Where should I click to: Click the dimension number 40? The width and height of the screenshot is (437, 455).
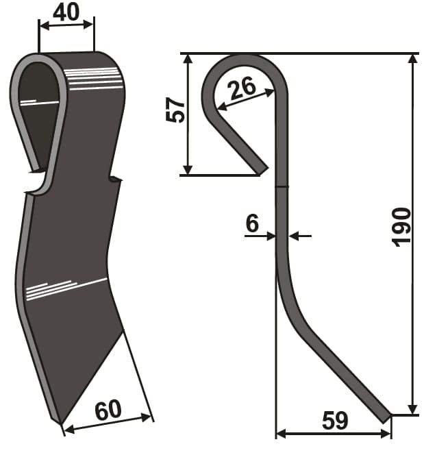(x=66, y=12)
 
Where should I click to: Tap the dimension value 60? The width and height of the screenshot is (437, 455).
(x=108, y=410)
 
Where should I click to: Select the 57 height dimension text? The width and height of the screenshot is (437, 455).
(x=175, y=110)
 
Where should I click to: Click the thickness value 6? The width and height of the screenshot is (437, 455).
(x=252, y=223)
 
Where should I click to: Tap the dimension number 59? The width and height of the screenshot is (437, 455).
(x=335, y=421)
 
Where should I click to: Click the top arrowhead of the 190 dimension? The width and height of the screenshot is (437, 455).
(x=412, y=59)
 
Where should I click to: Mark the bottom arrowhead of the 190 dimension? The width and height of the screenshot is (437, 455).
(x=412, y=410)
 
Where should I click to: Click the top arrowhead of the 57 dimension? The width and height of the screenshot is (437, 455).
(x=188, y=59)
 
